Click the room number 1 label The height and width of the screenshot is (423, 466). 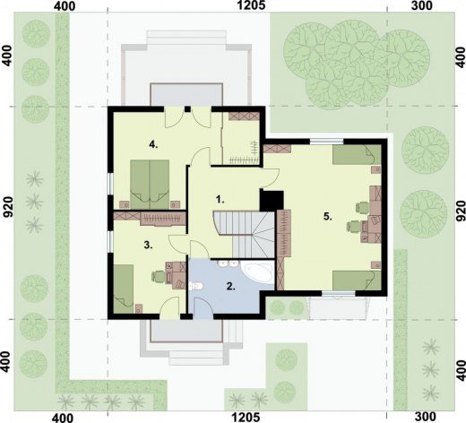tap(220, 200)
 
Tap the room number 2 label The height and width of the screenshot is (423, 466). tap(231, 286)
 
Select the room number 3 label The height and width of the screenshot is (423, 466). tap(148, 246)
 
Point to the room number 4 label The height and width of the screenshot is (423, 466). tap(153, 145)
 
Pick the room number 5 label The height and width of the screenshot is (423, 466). tap(328, 217)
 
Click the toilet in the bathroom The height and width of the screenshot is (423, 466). tap(196, 286)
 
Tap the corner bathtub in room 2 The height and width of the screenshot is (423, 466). tap(258, 272)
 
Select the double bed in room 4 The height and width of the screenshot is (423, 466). tap(150, 185)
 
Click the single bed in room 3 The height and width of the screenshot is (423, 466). tap(124, 289)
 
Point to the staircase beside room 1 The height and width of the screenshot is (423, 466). tap(244, 234)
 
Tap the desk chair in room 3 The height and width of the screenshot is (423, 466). tap(160, 276)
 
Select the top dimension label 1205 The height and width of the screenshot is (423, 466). tap(251, 5)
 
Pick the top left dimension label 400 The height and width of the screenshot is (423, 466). tap(65, 6)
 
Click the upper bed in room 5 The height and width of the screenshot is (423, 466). tap(357, 154)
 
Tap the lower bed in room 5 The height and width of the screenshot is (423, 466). tap(357, 281)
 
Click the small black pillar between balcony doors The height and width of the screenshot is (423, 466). tap(187, 109)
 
